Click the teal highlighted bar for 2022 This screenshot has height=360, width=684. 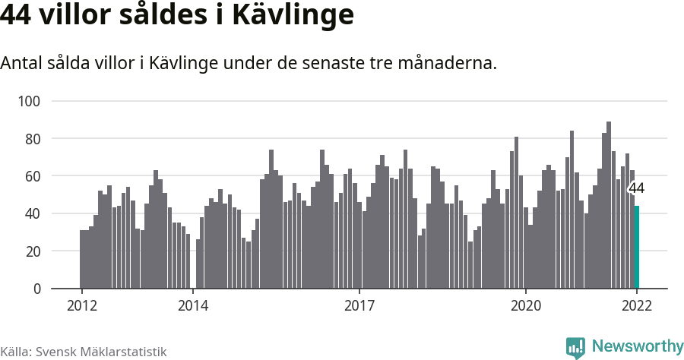637,247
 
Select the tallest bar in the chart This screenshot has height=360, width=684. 609,205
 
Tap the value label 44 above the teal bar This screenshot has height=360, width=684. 636,189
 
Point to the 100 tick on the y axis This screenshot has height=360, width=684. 40,101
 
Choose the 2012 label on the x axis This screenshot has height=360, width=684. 81,306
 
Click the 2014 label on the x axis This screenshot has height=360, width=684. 192,306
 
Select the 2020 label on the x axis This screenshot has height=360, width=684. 525,306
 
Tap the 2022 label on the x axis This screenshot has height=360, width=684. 637,306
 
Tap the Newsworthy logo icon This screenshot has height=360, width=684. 575,347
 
